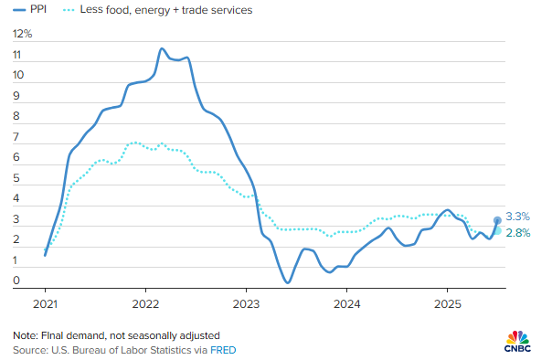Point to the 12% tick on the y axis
(23, 34)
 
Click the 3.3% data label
(517, 217)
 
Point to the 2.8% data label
(517, 233)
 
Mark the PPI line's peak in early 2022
(162, 48)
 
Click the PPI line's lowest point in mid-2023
(287, 282)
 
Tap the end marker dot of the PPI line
(497, 220)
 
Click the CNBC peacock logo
(519, 337)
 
